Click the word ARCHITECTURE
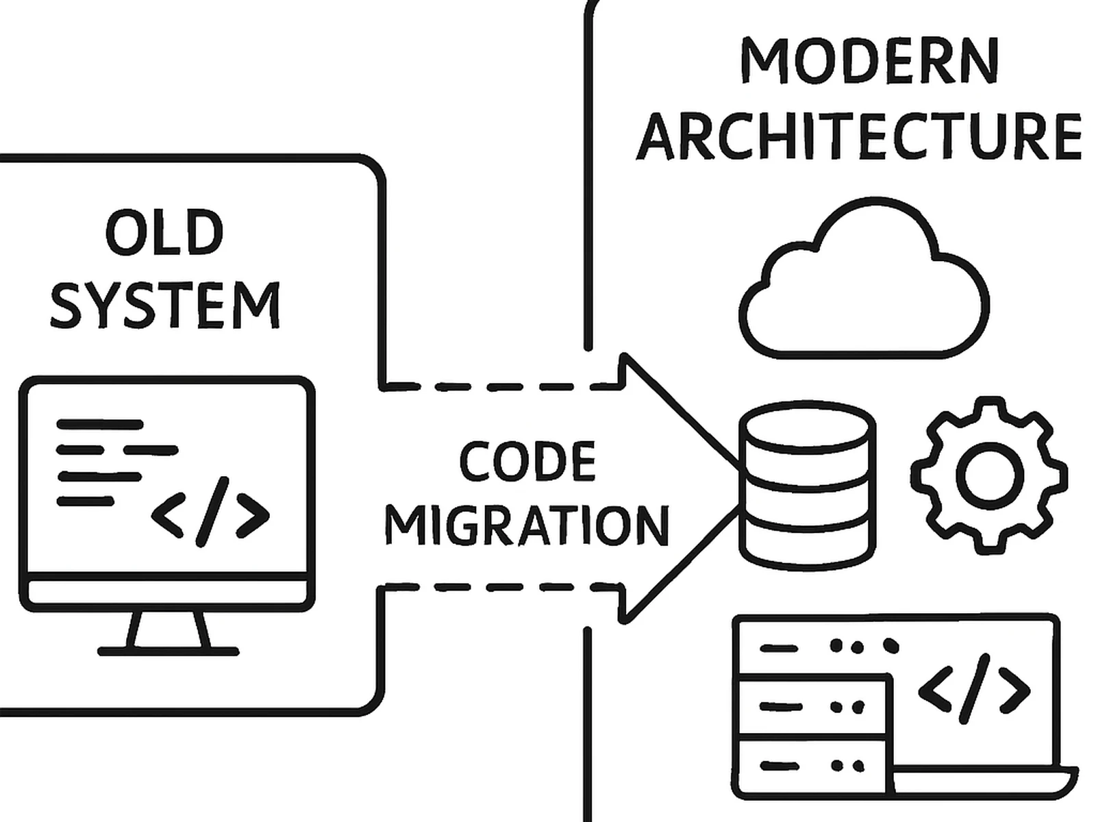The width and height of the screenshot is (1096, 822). pos(859,136)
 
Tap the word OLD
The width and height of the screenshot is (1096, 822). pos(164,233)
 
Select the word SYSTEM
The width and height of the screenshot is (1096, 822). pos(164,305)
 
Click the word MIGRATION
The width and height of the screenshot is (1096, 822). pos(526,526)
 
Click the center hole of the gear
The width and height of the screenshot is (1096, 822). pos(989,475)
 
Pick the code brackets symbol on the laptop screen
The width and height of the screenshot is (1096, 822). pos(973,689)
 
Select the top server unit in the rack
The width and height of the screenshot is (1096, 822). pos(812,646)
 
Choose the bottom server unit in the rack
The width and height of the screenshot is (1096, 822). pos(812,766)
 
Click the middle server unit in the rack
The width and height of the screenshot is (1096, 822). pos(812,706)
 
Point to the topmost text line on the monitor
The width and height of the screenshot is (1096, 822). pos(100,425)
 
